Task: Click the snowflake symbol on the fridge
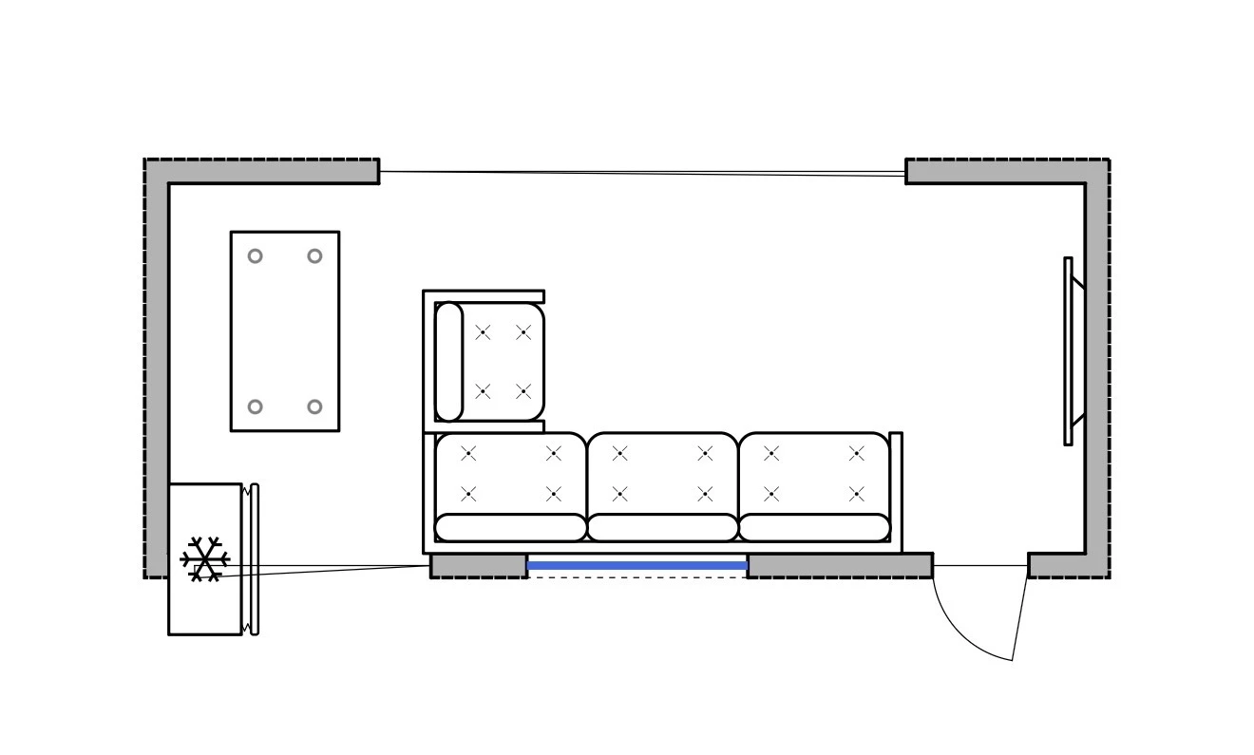coord(204,558)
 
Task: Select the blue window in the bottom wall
coord(636,566)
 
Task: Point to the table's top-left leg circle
coord(255,256)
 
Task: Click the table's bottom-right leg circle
coord(314,406)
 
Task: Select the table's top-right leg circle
coord(314,256)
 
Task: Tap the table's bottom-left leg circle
coord(255,406)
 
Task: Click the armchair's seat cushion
coord(503,362)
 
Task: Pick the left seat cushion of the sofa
coord(510,473)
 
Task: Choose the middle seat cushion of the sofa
coord(662,473)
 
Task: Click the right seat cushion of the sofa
coord(814,473)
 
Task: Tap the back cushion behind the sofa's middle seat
coord(662,528)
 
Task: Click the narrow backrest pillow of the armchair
coord(448,362)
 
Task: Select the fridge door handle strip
coord(255,559)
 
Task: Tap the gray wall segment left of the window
coord(478,566)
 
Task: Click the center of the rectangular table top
coord(285,331)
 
